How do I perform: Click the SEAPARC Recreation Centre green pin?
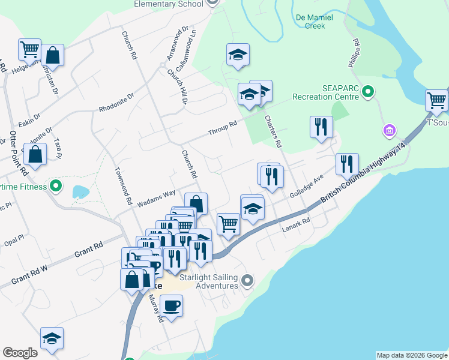[x=369, y=92]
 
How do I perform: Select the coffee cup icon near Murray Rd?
[x=171, y=305]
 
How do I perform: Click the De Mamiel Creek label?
[x=310, y=22]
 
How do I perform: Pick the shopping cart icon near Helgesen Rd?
[x=29, y=49]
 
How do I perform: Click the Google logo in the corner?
[x=20, y=353]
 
